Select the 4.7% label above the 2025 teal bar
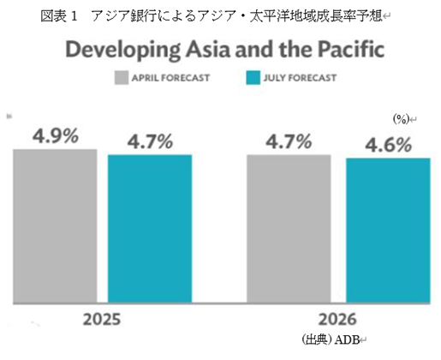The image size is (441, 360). (149, 141)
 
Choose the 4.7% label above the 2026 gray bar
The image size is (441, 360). (289, 141)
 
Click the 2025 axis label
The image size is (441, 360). (102, 319)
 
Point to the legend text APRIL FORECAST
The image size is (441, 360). (176, 78)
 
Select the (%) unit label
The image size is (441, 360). (401, 118)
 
